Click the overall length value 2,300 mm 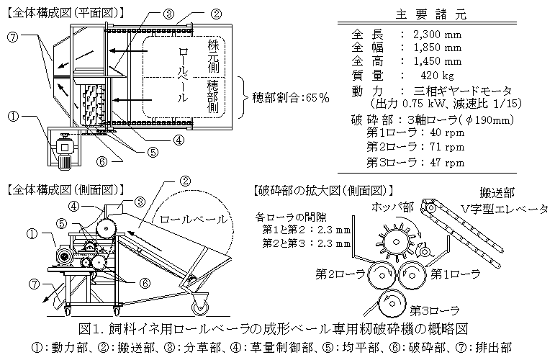(x=437, y=35)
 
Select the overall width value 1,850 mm (x=437, y=48)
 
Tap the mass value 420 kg (x=437, y=76)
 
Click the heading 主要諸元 (x=430, y=14)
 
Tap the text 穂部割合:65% (x=291, y=98)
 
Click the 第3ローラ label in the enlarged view (x=434, y=311)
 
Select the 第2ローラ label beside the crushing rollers (x=340, y=274)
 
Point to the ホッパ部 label (x=392, y=207)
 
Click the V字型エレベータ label (x=504, y=210)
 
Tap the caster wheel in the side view (x=200, y=305)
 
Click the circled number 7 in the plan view (x=12, y=37)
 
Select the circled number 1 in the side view (x=32, y=233)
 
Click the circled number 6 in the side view (x=145, y=283)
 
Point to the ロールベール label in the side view (x=193, y=220)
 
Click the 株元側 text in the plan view (x=213, y=56)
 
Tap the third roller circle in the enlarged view (x=392, y=303)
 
